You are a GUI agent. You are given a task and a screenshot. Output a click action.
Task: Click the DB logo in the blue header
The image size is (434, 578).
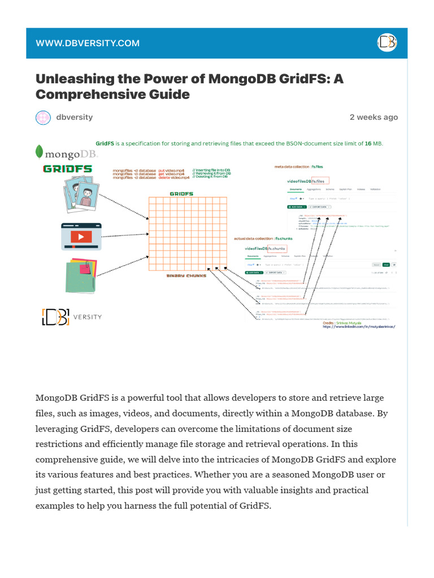[x=387, y=43]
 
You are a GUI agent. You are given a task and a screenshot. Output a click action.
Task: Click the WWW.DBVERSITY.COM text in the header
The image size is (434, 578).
[x=88, y=43]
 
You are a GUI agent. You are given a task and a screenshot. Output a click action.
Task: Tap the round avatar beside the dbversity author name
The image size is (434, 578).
[x=44, y=117]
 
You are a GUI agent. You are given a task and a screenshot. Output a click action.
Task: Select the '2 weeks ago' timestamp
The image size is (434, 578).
[x=374, y=117]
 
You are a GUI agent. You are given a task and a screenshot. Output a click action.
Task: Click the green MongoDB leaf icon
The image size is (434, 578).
[x=40, y=151]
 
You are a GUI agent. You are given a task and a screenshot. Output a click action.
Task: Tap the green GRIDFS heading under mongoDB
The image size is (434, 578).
[x=67, y=169]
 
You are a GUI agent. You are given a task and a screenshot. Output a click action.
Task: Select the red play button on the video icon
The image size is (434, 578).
[x=81, y=237]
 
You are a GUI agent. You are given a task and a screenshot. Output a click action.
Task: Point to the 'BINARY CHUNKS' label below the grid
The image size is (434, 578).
[x=186, y=276]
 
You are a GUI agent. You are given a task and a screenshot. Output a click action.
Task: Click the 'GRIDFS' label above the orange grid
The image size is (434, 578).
[x=181, y=194]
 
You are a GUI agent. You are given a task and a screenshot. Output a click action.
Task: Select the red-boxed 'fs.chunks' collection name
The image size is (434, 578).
[x=277, y=248]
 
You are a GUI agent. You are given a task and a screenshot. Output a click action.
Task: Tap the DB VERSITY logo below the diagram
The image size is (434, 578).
[x=72, y=317]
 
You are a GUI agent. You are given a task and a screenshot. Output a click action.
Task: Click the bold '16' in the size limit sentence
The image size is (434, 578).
[x=367, y=144]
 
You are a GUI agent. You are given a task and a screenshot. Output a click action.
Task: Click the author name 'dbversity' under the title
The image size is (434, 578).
[x=75, y=117]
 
